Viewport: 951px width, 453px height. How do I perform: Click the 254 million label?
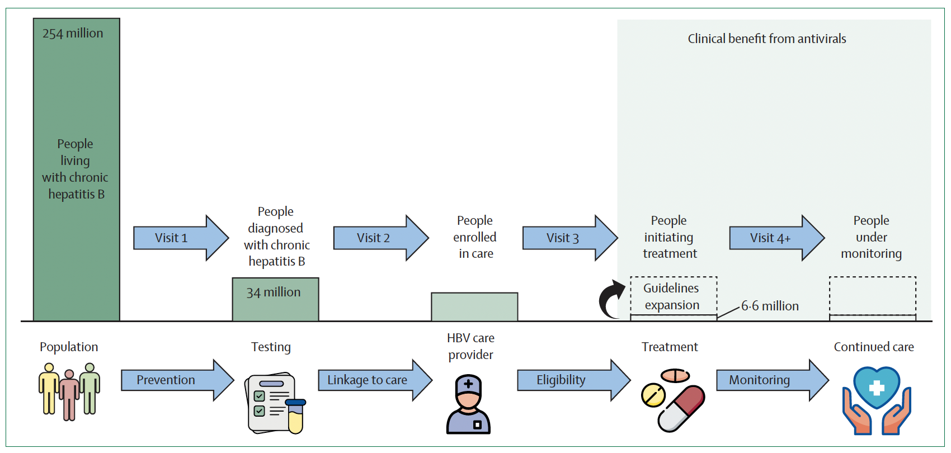(73, 34)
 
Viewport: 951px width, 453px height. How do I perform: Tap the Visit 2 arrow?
(380, 238)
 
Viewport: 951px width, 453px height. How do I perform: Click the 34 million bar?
(275, 299)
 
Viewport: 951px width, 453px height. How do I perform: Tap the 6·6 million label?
(770, 306)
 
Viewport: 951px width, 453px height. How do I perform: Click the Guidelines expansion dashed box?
(673, 296)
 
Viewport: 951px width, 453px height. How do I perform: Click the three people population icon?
(69, 391)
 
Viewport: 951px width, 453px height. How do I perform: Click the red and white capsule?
(681, 408)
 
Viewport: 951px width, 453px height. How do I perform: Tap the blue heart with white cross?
(876, 387)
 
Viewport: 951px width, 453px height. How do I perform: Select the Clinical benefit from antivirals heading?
(766, 39)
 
